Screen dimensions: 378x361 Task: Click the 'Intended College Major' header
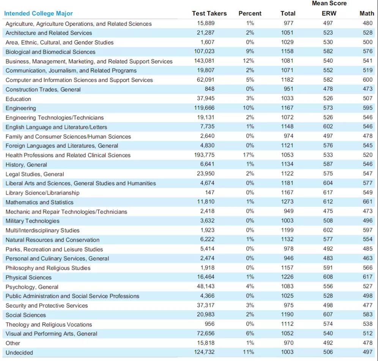(x=38, y=14)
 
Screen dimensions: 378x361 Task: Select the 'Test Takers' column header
(x=209, y=14)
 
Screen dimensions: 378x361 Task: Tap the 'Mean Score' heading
(x=329, y=3)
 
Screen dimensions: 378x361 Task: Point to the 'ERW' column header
(x=329, y=14)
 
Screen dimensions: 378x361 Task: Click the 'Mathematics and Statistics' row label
(x=39, y=202)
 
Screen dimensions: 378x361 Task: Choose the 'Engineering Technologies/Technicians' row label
(x=55, y=117)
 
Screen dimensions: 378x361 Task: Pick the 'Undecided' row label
(x=19, y=353)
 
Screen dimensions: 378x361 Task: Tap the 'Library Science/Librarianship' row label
(x=43, y=193)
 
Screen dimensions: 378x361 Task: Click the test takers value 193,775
(x=204, y=155)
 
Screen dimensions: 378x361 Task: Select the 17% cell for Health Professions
(x=248, y=155)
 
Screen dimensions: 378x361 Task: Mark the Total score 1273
(x=287, y=202)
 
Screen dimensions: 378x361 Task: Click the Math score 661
(x=368, y=202)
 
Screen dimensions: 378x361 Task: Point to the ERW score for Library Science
(x=328, y=192)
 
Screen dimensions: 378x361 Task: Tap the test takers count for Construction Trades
(x=209, y=89)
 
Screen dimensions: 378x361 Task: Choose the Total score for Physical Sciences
(x=287, y=277)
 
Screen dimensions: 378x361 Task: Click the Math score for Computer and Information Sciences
(x=368, y=80)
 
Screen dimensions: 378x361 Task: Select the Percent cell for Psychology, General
(x=250, y=286)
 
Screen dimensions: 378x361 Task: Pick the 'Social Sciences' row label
(x=25, y=315)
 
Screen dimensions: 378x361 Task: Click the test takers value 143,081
(x=204, y=61)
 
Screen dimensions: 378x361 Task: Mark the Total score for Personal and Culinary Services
(x=288, y=258)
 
